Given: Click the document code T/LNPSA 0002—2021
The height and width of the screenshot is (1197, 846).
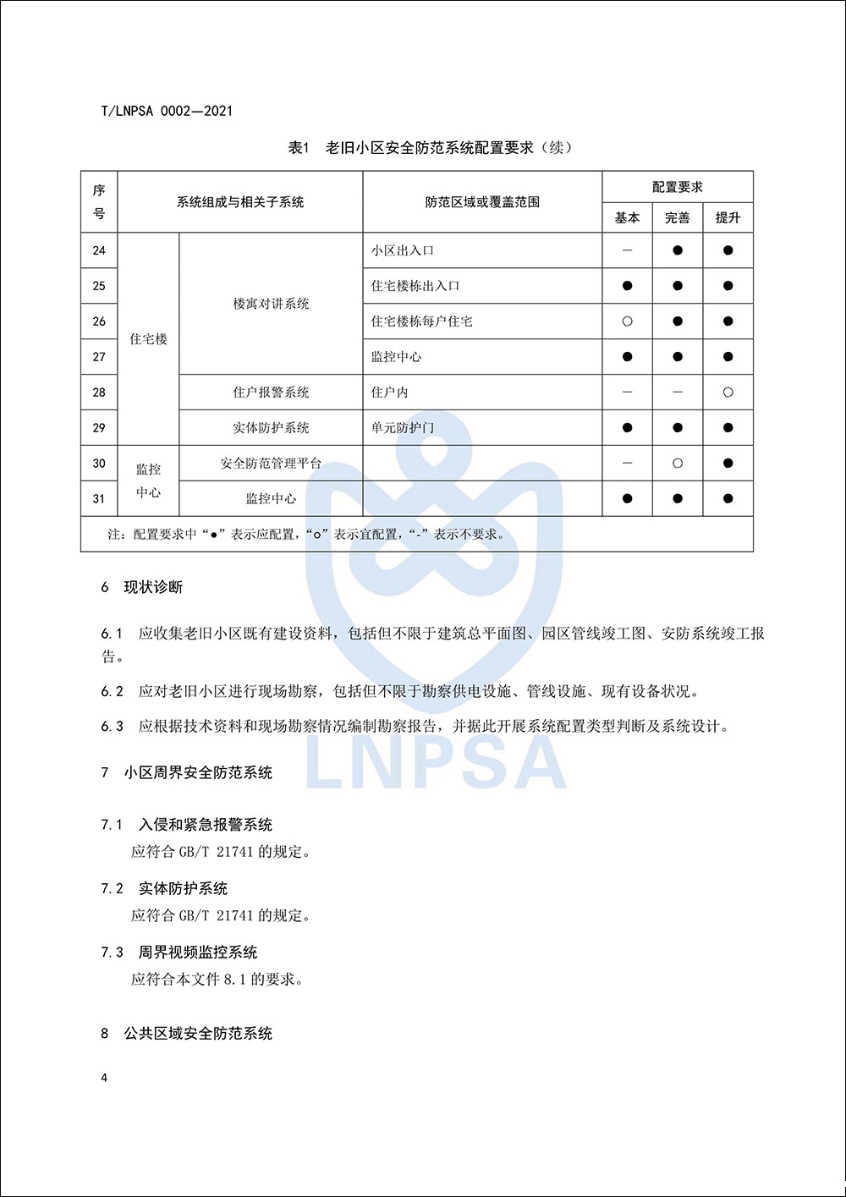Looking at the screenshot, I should (167, 111).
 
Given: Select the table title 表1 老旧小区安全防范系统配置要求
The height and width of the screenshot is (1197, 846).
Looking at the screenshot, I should (430, 148).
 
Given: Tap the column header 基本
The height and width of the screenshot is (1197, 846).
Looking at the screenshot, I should (627, 218).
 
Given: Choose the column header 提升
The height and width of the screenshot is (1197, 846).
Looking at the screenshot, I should (728, 218).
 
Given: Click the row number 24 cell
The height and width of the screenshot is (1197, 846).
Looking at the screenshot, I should (99, 250).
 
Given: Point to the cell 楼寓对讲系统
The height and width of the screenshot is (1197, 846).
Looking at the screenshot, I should (271, 304).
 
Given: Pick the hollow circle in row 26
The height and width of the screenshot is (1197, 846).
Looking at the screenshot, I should (627, 321).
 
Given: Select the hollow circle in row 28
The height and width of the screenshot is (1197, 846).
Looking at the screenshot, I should (728, 393).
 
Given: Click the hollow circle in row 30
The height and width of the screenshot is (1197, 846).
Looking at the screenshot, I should (678, 464).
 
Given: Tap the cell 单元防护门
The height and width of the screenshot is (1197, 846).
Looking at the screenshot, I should (402, 428).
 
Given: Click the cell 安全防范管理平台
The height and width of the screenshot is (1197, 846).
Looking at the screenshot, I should (271, 464).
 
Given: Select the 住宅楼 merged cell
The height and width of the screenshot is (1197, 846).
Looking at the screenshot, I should (148, 339).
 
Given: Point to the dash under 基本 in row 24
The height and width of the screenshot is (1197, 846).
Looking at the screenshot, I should (627, 250).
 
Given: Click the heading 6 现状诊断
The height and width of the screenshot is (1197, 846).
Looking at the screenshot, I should (142, 587).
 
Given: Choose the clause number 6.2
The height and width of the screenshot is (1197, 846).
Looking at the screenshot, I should (112, 692).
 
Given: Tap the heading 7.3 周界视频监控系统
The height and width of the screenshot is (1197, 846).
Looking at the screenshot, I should (179, 953).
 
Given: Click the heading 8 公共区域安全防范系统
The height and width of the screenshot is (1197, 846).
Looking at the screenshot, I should (187, 1034).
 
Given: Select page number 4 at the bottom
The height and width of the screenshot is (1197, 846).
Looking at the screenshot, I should (104, 1078).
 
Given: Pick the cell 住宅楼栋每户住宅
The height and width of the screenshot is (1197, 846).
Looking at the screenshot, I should (421, 321).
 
